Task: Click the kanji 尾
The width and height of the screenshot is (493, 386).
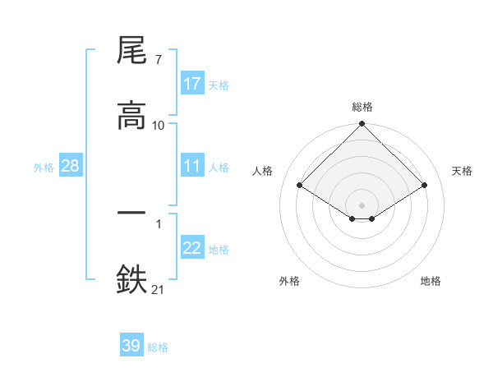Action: pos(131,53)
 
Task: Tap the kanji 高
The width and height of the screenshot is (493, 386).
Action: pos(131,116)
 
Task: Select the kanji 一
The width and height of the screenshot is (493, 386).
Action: pos(131,212)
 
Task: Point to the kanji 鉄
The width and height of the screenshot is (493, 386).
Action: pos(131,278)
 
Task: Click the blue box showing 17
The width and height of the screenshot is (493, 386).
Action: pos(192,84)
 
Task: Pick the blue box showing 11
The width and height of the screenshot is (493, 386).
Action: pos(192,166)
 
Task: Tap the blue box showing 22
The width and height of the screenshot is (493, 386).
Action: pos(192,248)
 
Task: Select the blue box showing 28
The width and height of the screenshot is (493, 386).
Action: pos(71,166)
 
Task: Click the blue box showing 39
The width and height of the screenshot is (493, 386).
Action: pos(131,346)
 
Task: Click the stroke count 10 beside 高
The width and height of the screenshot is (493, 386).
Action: pos(159,125)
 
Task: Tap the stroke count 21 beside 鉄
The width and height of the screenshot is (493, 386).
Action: pos(159,288)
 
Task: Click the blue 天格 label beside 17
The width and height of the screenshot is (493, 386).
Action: pos(219,85)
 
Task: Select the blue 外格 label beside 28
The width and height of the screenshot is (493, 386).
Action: pos(44,167)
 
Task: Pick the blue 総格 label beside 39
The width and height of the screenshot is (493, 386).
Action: pos(158,347)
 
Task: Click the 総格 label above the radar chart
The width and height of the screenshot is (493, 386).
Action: pos(362,107)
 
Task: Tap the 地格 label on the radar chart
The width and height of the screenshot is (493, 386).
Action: pos(431,281)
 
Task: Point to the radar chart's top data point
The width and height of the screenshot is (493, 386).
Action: pos(362,125)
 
